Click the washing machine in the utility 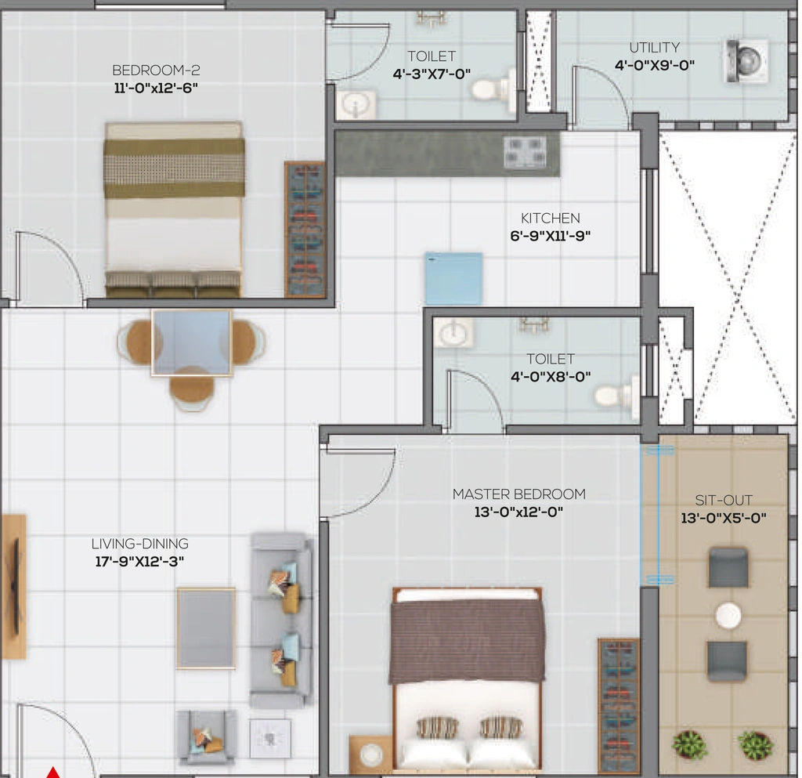point(746,61)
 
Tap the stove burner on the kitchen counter point(526,151)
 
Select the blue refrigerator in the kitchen point(453,278)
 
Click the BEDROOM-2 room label point(156,70)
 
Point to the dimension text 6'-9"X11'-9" point(551,236)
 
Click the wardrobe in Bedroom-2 point(305,229)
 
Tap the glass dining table point(192,342)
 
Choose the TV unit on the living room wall point(13,587)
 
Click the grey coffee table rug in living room point(206,628)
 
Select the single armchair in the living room point(207,737)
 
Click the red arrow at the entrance point(53,772)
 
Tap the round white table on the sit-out point(728,615)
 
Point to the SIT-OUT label point(724,500)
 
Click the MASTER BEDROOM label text point(519,494)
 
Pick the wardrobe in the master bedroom point(619,705)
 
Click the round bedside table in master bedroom point(371,754)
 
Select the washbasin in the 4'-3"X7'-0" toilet point(356,105)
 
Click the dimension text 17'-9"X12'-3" point(139,561)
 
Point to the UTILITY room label point(655,48)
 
